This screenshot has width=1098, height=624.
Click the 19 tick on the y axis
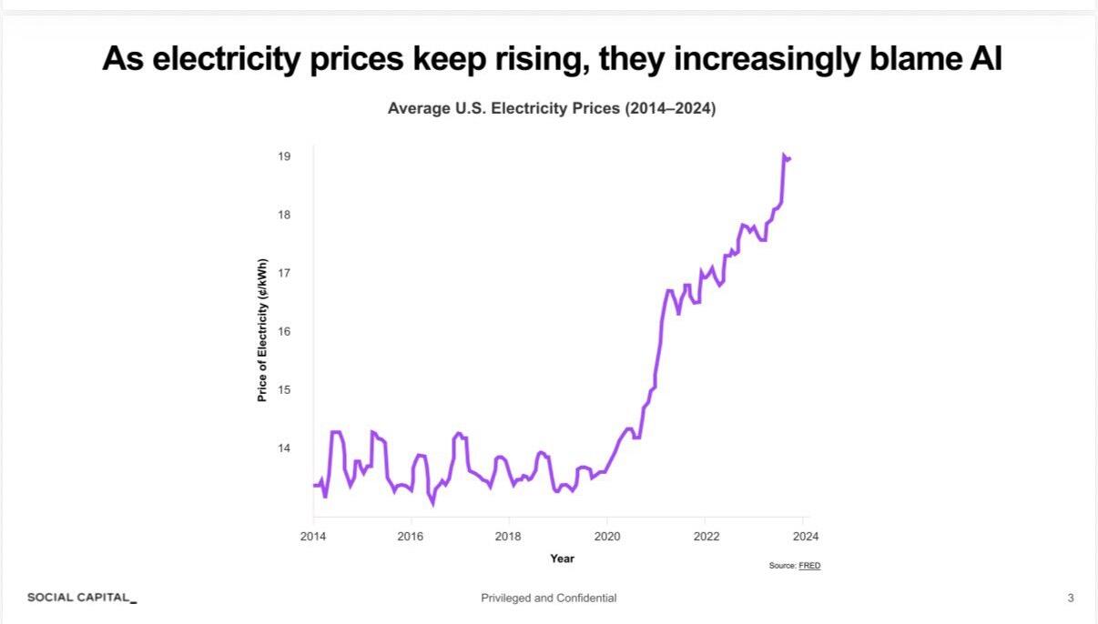[284, 156]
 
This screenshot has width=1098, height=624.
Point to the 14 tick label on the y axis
[284, 448]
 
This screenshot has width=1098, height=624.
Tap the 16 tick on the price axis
[284, 331]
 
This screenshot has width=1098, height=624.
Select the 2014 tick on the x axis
[313, 536]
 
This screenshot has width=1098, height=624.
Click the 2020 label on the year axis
[607, 536]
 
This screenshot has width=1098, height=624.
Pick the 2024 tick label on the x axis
[806, 536]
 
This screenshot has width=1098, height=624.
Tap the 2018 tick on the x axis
[508, 536]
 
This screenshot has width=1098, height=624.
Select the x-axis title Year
[562, 559]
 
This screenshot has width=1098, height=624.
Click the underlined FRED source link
[809, 566]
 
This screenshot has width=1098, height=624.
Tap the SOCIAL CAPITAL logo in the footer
[82, 598]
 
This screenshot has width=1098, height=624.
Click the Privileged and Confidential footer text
[549, 598]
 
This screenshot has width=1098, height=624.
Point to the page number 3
[1071, 598]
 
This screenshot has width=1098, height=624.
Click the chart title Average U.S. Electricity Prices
[552, 108]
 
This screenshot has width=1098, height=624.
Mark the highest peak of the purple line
[784, 156]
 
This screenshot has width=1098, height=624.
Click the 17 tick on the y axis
[284, 273]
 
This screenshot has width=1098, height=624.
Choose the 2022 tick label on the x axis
[707, 536]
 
